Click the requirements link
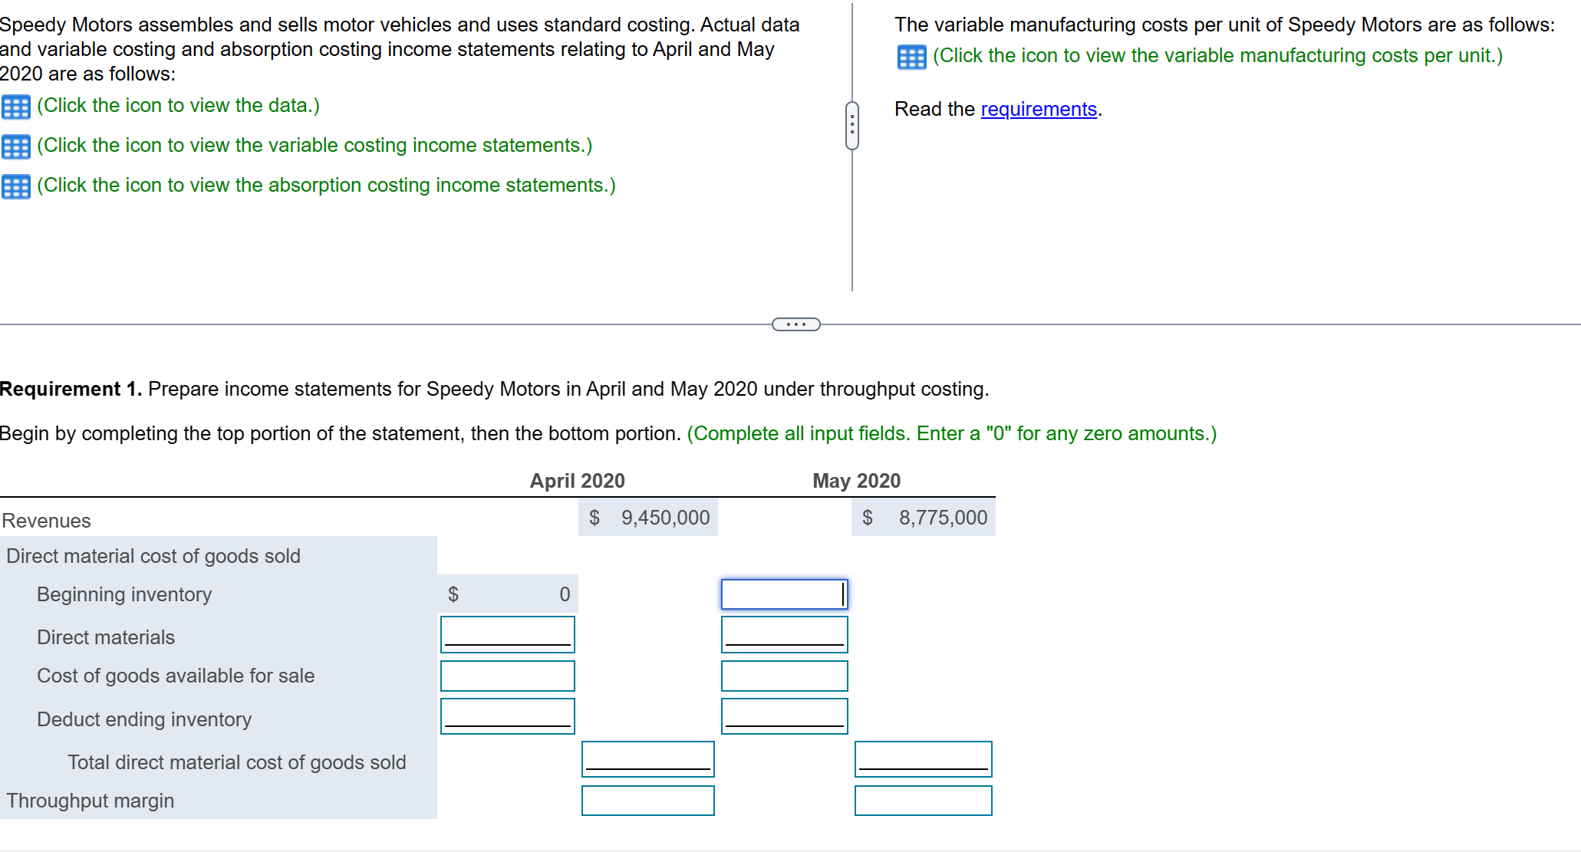[1038, 110]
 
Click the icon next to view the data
[15, 107]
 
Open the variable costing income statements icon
[15, 146]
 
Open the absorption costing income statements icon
[15, 186]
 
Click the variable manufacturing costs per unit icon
[911, 57]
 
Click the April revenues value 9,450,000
[664, 518]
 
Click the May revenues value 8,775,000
[942, 518]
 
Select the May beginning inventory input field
[784, 594]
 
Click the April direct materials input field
[507, 635]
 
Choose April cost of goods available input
[507, 676]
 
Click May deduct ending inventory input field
[784, 716]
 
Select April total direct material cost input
[647, 759]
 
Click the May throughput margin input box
[923, 801]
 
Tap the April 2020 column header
[577, 481]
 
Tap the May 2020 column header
[856, 481]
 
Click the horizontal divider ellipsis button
[795, 324]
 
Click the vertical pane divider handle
[851, 125]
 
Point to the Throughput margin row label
[91, 801]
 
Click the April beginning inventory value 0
[564, 594]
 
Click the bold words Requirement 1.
[71, 390]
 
